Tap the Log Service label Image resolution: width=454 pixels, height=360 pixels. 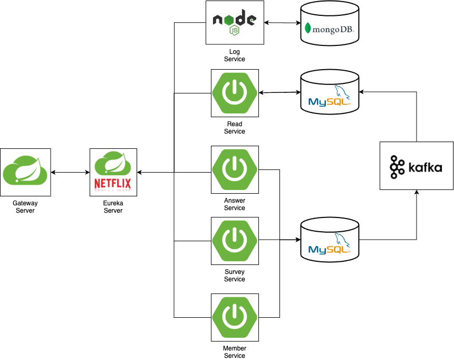pos(235,55)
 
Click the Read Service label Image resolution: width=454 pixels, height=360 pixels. pos(235,128)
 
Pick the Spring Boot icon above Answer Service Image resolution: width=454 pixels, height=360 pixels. pos(235,169)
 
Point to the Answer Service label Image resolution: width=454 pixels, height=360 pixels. pos(235,204)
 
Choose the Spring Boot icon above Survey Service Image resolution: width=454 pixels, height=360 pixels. pos(235,240)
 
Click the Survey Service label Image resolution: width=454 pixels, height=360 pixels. pos(235,276)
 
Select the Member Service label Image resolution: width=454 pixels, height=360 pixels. pos(235,352)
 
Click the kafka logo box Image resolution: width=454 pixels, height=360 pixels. pos(417,165)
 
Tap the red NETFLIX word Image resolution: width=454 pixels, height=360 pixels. pos(113,184)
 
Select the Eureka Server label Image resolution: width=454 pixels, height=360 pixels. pos(113,207)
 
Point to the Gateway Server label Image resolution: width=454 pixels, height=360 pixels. pos(25,207)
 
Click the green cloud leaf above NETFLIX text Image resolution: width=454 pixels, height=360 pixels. pos(113,163)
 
